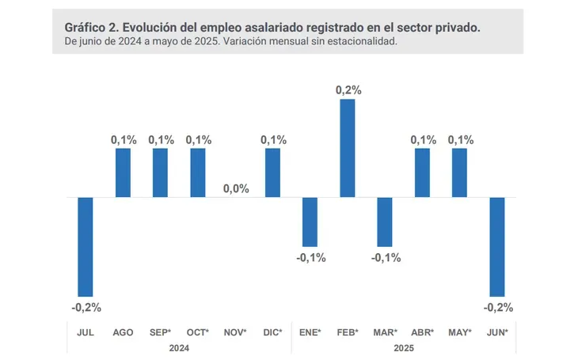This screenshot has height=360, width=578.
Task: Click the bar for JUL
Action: tap(86, 246)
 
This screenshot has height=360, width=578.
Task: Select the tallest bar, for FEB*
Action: tap(348, 148)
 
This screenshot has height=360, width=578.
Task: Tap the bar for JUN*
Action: tap(497, 246)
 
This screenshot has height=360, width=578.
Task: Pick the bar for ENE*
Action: tap(310, 222)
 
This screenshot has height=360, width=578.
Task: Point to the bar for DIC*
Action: tap(272, 172)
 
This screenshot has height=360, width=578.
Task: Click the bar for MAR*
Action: tap(385, 222)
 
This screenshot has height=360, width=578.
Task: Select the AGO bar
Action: tap(124, 172)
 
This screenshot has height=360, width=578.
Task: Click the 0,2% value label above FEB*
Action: tap(348, 90)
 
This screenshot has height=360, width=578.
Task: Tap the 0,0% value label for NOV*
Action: tap(236, 188)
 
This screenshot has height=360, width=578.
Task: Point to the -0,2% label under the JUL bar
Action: tap(86, 307)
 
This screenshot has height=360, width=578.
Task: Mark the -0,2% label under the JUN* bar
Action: tap(497, 307)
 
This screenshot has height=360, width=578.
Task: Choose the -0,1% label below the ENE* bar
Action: tap(310, 257)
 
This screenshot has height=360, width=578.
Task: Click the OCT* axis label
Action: tap(197, 332)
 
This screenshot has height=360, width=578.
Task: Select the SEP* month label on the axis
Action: tap(161, 332)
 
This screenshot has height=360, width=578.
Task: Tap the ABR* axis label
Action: tap(423, 332)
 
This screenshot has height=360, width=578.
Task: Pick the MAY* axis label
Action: tap(460, 332)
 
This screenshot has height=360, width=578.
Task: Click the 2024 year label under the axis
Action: tap(181, 347)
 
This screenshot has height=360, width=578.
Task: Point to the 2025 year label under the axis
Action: tap(402, 347)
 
